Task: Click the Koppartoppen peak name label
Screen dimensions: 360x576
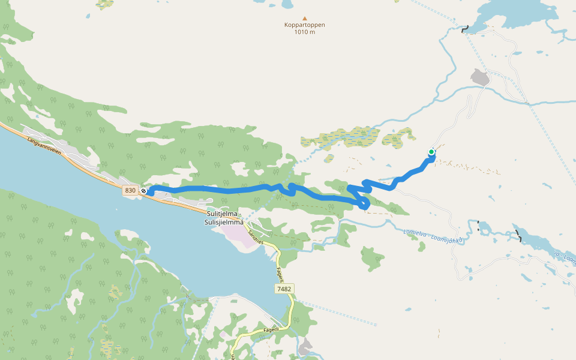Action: pyautogui.click(x=304, y=25)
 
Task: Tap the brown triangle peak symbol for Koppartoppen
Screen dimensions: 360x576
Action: pyautogui.click(x=304, y=18)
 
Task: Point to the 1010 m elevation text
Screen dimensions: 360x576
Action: pyautogui.click(x=304, y=32)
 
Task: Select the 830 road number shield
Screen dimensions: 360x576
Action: pyautogui.click(x=130, y=190)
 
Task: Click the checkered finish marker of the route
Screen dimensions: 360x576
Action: pyautogui.click(x=144, y=191)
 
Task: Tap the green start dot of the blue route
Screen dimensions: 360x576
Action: pyautogui.click(x=431, y=152)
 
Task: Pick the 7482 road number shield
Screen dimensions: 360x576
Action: pyautogui.click(x=284, y=289)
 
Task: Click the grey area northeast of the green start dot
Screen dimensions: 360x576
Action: pyautogui.click(x=480, y=77)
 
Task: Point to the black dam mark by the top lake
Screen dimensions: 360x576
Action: pyautogui.click(x=465, y=29)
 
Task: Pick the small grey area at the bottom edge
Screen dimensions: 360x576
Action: pyautogui.click(x=305, y=347)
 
